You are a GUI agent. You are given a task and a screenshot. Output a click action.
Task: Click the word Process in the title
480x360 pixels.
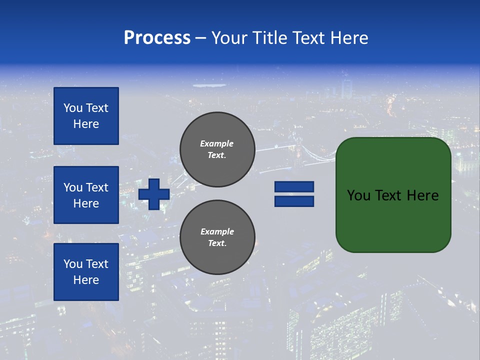157,38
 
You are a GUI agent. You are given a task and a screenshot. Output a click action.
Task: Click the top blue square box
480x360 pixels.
86,116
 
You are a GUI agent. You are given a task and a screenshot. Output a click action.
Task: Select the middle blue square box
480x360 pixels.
86,195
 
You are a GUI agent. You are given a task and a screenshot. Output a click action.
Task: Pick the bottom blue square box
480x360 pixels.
86,272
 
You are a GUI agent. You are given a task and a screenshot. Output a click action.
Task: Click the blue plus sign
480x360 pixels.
154,194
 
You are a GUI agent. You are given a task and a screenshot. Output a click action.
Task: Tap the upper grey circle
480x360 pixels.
217,149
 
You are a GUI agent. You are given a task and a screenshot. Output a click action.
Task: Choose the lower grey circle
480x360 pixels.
217,237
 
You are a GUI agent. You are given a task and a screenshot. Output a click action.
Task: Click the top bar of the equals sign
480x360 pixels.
294,187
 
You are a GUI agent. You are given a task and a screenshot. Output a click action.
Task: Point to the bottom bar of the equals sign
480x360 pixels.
294,201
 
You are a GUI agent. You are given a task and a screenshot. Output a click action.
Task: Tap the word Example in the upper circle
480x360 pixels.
217,143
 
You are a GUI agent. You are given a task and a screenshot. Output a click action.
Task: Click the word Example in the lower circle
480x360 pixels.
217,231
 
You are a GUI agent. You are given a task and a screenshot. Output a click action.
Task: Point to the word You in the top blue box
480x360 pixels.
72,108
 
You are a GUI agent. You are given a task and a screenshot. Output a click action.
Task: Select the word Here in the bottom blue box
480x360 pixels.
86,280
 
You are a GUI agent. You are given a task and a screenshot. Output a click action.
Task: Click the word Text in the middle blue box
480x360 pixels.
96,187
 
